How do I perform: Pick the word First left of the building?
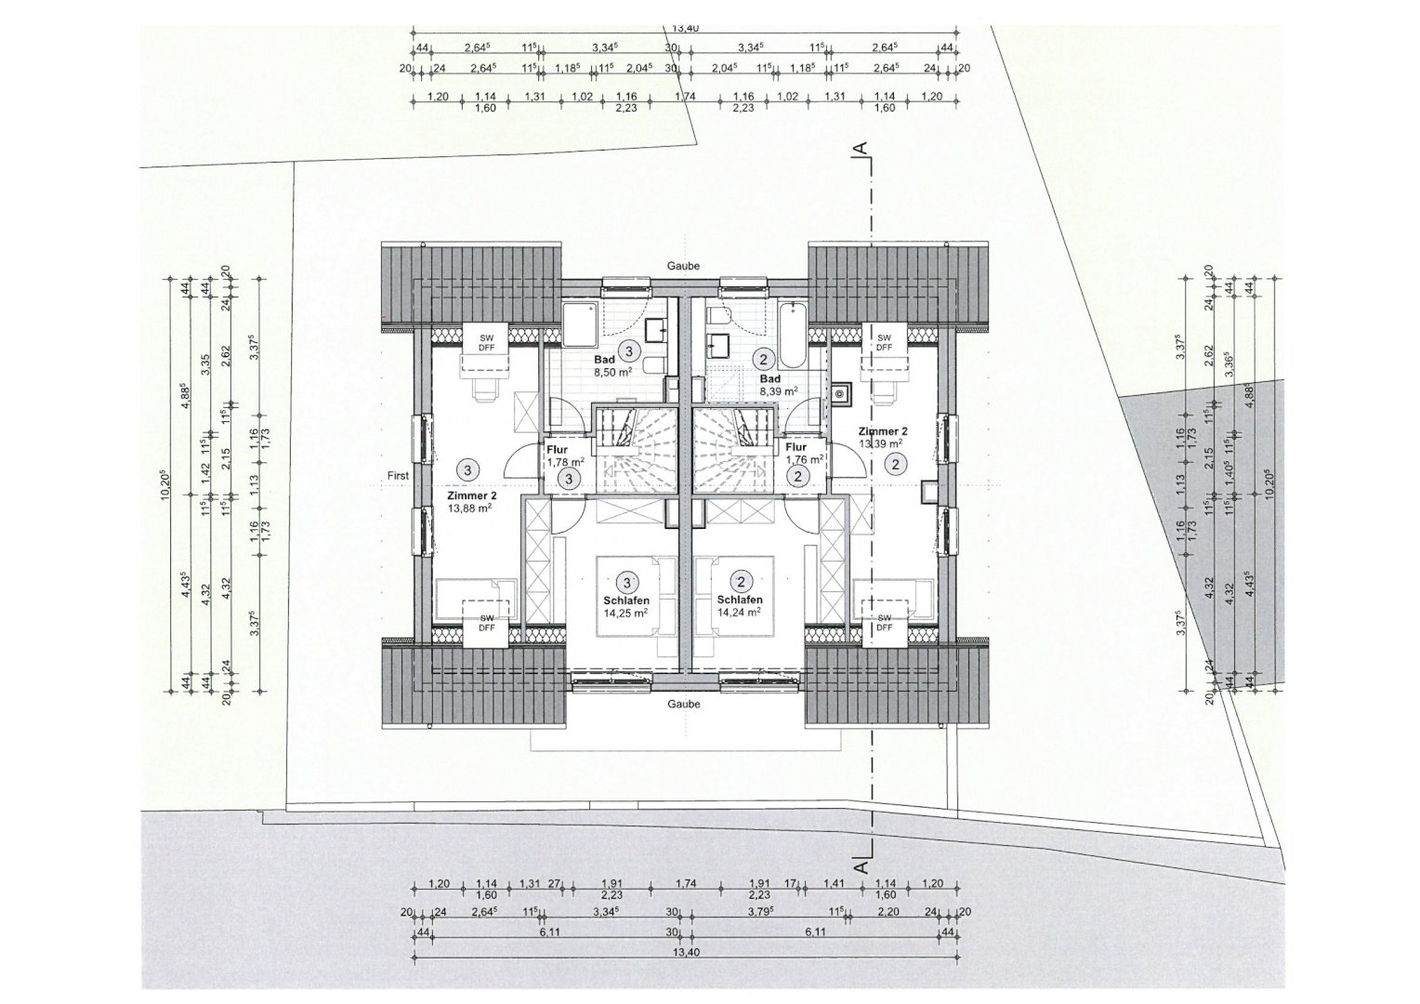pyautogui.click(x=398, y=476)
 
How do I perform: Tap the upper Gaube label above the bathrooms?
pyautogui.click(x=682, y=266)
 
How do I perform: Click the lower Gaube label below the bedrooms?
pyautogui.click(x=682, y=704)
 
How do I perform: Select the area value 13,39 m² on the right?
pyautogui.click(x=882, y=443)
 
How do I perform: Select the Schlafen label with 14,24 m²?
pyautogui.click(x=740, y=601)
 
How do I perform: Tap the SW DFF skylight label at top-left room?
pyautogui.click(x=486, y=342)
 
